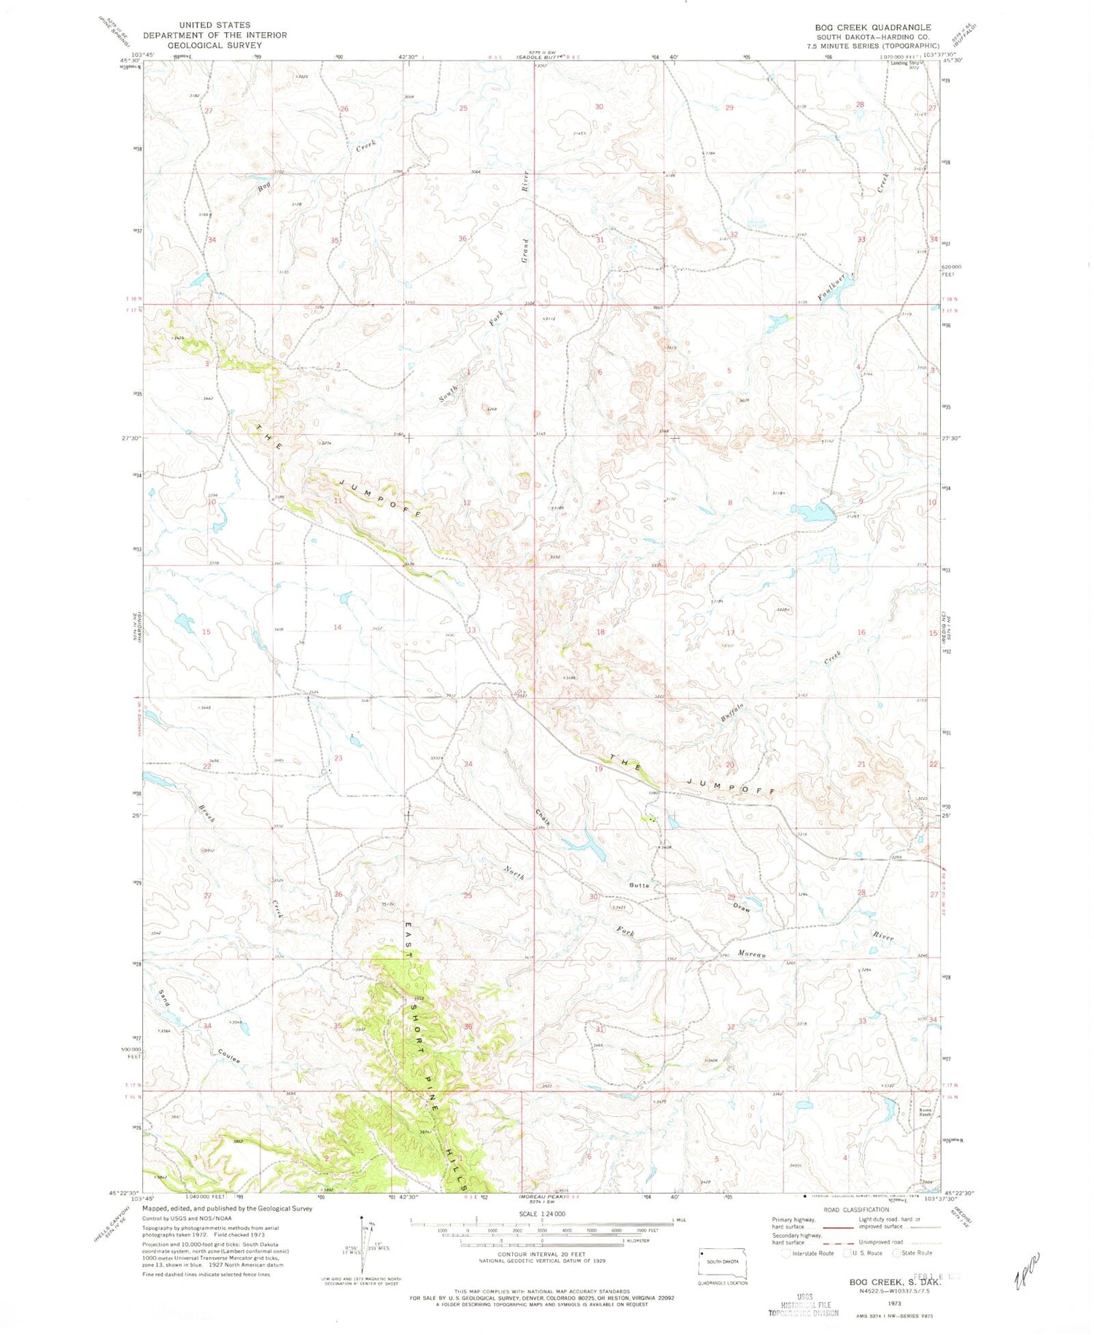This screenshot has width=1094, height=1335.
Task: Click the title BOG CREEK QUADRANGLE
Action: click(x=872, y=27)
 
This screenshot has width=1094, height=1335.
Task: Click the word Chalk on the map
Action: click(x=541, y=817)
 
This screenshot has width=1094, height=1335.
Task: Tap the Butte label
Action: click(x=639, y=885)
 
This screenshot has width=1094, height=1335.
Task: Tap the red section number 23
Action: click(x=338, y=758)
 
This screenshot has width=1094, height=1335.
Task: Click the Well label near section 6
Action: click(x=658, y=307)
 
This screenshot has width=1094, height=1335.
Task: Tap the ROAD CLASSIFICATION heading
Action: click(x=855, y=1210)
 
